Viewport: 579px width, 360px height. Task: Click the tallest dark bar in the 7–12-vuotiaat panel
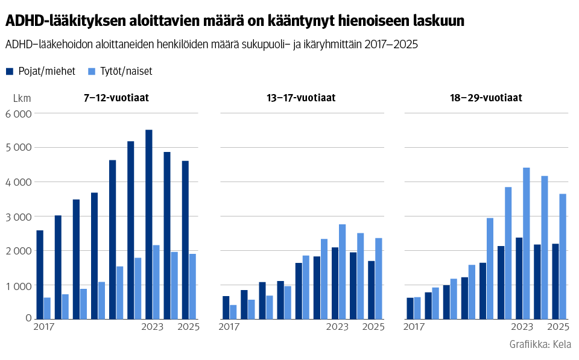click(x=148, y=224)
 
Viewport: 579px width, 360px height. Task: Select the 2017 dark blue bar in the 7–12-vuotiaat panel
click(x=40, y=274)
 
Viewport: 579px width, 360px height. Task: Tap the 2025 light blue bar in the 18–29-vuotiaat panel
click(x=562, y=256)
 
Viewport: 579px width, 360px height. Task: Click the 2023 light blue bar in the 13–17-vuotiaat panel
click(x=342, y=271)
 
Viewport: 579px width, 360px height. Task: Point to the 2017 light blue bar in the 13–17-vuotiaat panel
click(x=233, y=311)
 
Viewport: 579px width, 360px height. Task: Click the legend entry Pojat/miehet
click(x=40, y=71)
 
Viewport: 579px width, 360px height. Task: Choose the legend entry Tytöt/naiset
click(x=119, y=71)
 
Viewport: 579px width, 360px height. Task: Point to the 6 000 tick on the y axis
click(x=18, y=114)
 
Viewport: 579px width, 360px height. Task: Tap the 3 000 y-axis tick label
click(x=18, y=216)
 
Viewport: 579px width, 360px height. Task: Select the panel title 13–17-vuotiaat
click(x=301, y=98)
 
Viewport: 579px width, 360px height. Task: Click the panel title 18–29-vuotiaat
click(x=486, y=98)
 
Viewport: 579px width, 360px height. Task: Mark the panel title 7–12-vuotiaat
click(x=116, y=98)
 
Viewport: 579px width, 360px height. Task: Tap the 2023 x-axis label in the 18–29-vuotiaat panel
click(x=522, y=327)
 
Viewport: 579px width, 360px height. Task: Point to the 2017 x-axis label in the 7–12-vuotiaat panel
click(x=44, y=327)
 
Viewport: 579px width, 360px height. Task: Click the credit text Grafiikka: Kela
click(x=540, y=344)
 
